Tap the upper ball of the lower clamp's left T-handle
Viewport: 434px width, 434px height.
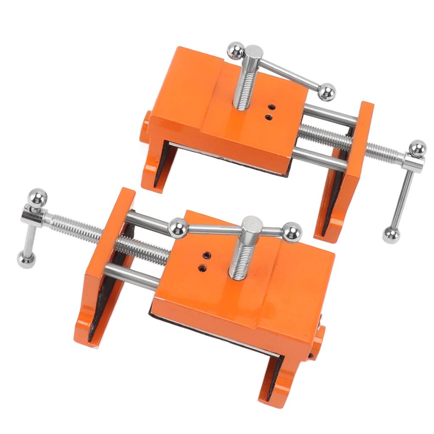click(37, 198)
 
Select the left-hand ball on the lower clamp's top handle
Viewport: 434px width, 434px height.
click(176, 228)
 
